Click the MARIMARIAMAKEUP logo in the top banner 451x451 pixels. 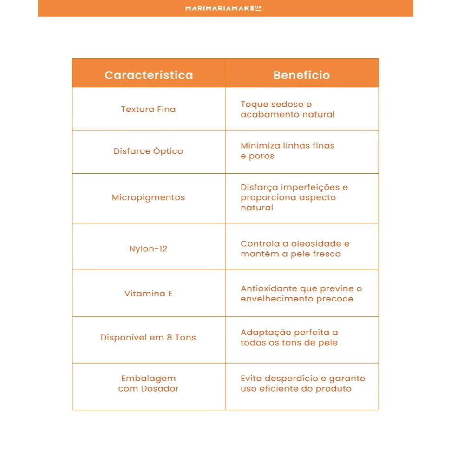tap(223, 8)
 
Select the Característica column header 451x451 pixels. tap(149, 75)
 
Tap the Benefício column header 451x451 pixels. tap(301, 75)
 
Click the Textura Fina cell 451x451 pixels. tap(149, 110)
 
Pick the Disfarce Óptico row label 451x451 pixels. tap(149, 151)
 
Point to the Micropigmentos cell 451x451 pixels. tap(149, 198)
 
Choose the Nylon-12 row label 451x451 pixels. tap(149, 249)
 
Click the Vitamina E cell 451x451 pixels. tap(149, 294)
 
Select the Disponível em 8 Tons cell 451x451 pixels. tap(149, 338)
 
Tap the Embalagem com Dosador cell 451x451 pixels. tap(149, 384)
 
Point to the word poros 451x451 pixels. tap(262, 156)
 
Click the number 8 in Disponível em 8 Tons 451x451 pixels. tap(170, 338)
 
